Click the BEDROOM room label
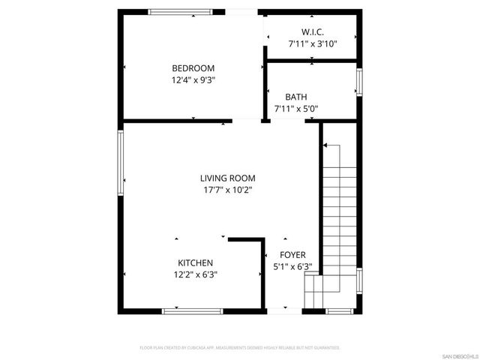point(193,67)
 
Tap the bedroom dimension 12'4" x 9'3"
point(193,79)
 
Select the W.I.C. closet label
point(312,32)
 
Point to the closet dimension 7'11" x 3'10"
point(313,43)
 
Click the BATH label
point(295,97)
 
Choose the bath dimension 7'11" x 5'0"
point(296,108)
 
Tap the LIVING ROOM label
point(227,178)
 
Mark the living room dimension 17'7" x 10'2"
point(227,190)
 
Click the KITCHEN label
point(195,262)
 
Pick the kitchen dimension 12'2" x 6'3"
point(195,274)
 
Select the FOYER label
point(292,255)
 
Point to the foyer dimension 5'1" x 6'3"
point(292,267)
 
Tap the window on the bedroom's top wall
point(179,12)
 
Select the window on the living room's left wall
point(120,163)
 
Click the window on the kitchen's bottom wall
point(192,310)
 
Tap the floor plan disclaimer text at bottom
point(240,348)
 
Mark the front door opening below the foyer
point(277,310)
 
